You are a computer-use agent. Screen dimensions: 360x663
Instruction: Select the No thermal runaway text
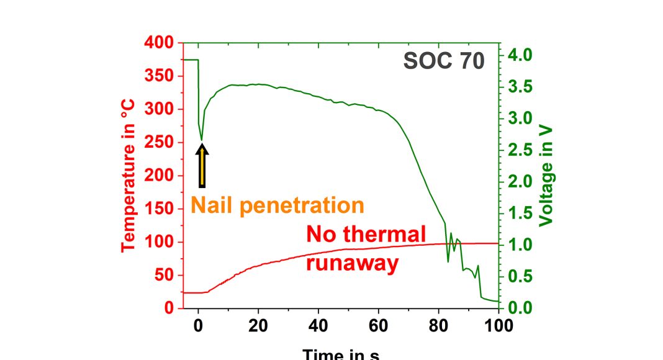[x=366, y=249]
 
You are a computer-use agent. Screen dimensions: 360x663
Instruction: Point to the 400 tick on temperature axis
[x=160, y=43]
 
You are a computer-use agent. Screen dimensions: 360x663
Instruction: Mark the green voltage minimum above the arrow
[x=201, y=139]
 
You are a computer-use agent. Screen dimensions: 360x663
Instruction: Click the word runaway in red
[x=352, y=263]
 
